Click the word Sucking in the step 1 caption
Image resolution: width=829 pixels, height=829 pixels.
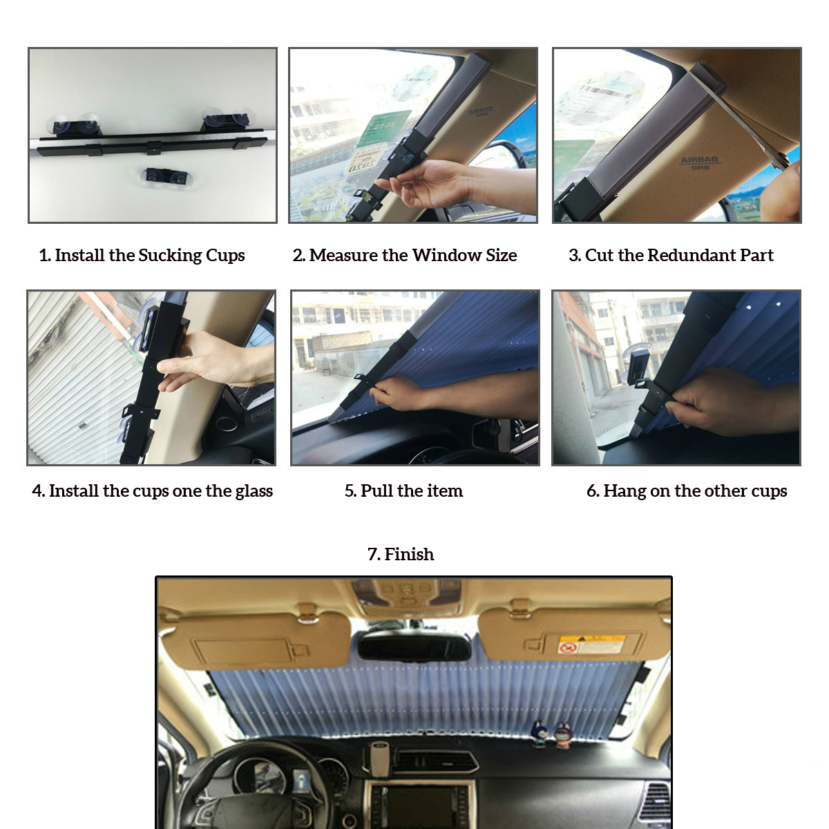169,256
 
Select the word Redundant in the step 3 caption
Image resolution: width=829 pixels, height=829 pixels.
691,256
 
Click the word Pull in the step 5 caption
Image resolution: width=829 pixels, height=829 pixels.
377,491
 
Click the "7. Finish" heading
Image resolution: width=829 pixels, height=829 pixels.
401,555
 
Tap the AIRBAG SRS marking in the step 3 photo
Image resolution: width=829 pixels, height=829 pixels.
699,162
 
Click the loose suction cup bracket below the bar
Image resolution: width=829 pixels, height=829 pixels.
167,177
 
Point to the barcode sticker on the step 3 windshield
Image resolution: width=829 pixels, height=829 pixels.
604,93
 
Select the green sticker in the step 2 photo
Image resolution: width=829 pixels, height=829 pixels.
383,128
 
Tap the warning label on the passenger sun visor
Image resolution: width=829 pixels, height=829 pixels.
591,645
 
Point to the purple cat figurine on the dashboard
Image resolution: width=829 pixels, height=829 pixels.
563,734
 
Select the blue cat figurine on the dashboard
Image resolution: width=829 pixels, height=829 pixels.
540,734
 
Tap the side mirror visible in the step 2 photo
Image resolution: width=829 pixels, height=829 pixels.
508,155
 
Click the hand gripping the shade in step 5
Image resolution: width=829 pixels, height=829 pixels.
401,394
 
